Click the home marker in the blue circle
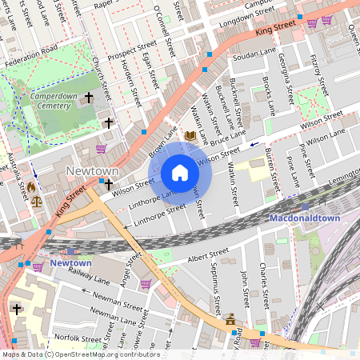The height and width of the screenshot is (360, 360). (x=180, y=173)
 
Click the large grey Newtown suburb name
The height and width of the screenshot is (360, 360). (x=92, y=171)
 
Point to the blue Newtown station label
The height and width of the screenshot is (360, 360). (x=70, y=262)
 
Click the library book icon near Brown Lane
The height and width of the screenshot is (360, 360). (x=190, y=136)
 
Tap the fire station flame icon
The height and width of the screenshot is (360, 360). (x=31, y=187)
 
